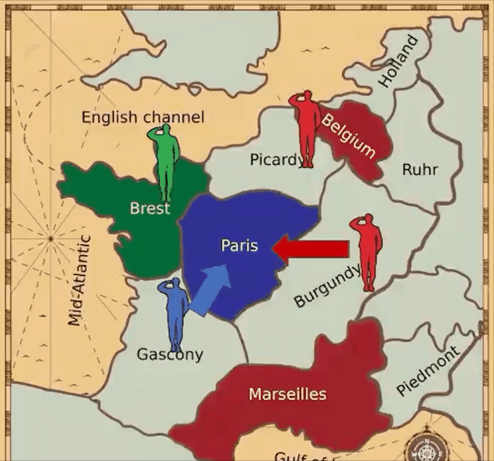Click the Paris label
[238, 246]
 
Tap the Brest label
[149, 209]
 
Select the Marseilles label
[288, 394]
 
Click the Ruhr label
[420, 169]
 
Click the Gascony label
[170, 354]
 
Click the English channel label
[143, 118]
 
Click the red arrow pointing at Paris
[311, 249]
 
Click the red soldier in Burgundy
[368, 251]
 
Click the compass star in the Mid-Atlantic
[50, 238]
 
